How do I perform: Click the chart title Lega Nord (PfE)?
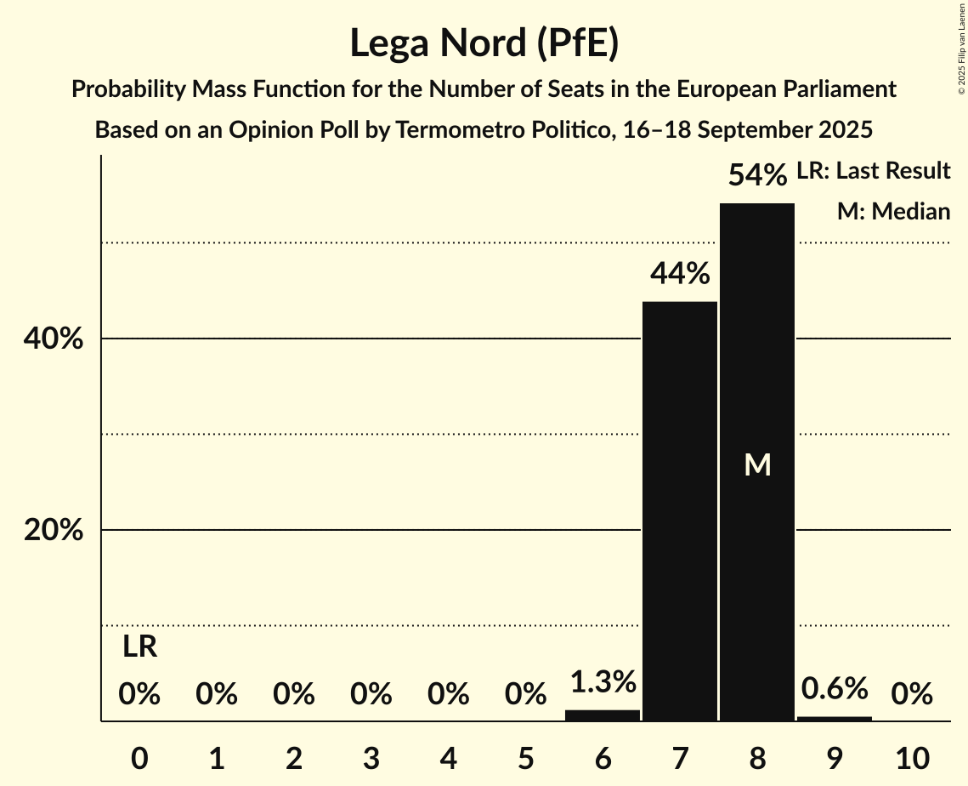pos(484,43)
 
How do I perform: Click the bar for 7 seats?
pos(679,510)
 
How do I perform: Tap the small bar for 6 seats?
pos(602,715)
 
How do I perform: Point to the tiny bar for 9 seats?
pos(834,719)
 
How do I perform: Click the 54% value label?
pos(756,176)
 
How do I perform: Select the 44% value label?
pos(679,274)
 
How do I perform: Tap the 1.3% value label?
pos(602,682)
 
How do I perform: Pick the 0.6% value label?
pos(834,688)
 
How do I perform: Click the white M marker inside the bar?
pos(756,465)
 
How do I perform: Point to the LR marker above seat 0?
pos(139,647)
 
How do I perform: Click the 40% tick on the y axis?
pos(53,339)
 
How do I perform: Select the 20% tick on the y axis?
pos(53,531)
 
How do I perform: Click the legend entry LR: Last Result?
pos(873,171)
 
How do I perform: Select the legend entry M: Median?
pos(893,212)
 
